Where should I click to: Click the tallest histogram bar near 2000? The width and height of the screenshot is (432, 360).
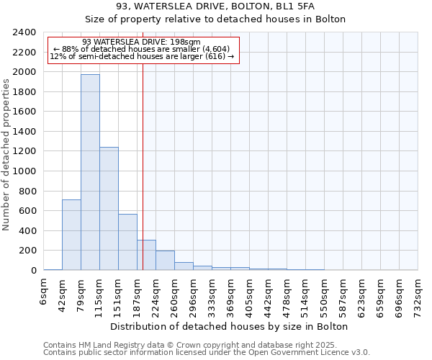(90, 173)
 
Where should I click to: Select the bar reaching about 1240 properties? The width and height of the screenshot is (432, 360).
(109, 209)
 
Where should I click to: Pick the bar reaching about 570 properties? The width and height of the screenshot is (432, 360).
(127, 242)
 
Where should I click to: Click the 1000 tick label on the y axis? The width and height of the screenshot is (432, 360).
(24, 171)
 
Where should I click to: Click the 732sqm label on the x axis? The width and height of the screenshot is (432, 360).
(418, 294)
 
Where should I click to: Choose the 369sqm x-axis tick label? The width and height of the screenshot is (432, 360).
(231, 294)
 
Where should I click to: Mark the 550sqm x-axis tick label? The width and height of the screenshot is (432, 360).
(325, 294)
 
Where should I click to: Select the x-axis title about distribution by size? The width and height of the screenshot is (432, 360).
(230, 326)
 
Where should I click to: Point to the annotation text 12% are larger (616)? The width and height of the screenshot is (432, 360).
(142, 56)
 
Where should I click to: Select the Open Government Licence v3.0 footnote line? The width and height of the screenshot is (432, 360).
(206, 353)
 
